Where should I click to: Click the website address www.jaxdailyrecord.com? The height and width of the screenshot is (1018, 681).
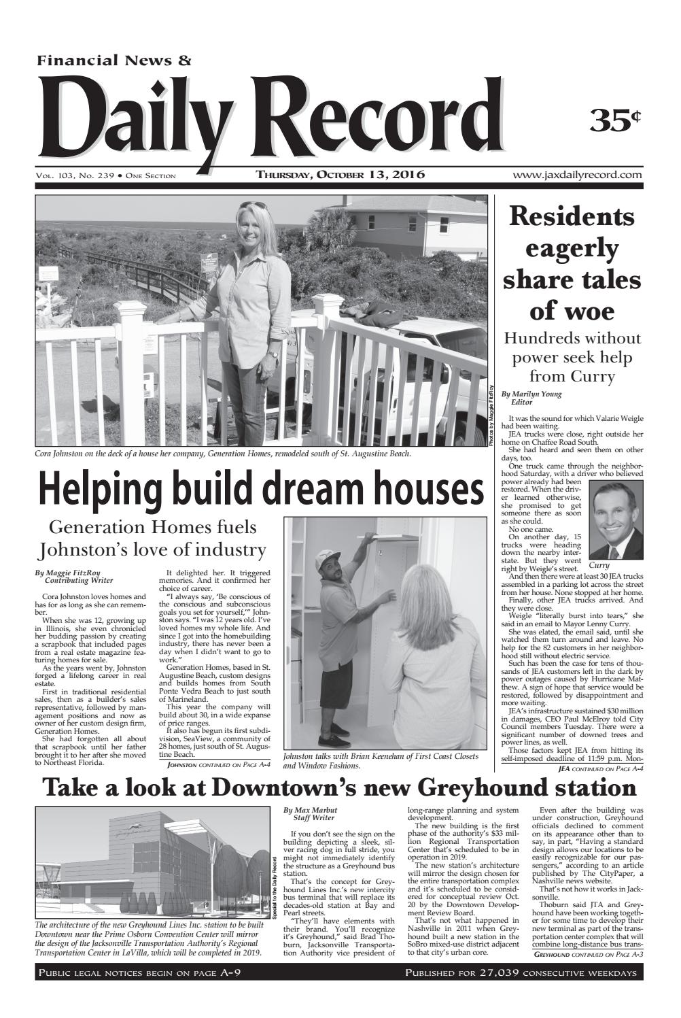coord(578,175)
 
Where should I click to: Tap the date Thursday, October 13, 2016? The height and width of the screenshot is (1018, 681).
coord(340,175)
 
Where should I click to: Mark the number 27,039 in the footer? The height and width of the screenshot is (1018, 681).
coord(505,973)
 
